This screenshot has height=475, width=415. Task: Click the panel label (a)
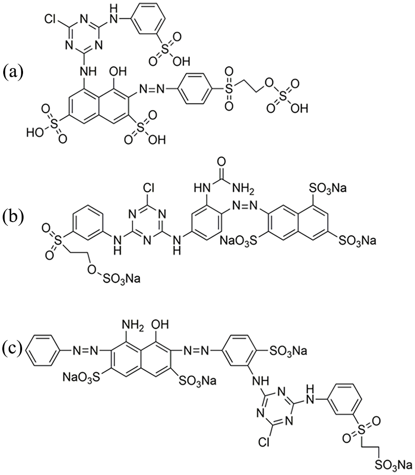tap(13, 73)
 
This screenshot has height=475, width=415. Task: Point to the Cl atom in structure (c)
tap(265, 443)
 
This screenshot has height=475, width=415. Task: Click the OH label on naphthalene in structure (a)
tap(118, 72)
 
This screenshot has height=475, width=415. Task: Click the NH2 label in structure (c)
tap(132, 326)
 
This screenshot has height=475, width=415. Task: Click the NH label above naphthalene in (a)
tap(88, 72)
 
